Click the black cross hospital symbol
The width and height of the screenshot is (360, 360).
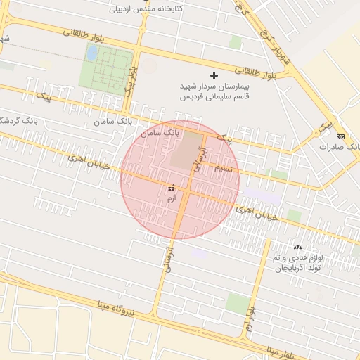pos(214,75)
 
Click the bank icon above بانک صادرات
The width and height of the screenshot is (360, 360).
pos(341,136)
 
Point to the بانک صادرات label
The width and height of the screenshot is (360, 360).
pos(340,147)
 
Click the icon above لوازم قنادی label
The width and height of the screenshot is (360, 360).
pos(297,247)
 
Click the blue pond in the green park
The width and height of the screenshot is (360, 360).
pos(92,53)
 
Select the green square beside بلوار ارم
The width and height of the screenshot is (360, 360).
pos(238,304)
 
